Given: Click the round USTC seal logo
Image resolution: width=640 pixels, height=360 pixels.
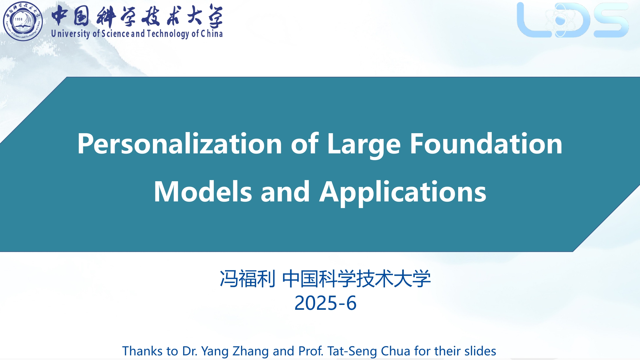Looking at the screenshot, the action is tap(23, 21).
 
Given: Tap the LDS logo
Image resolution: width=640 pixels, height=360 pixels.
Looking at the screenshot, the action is tap(573, 20).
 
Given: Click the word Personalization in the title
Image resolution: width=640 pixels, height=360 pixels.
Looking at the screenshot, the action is tap(180, 144).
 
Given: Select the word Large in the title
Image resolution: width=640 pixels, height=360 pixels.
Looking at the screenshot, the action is tap(364, 144).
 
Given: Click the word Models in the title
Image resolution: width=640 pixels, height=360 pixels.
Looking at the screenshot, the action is tap(203, 192).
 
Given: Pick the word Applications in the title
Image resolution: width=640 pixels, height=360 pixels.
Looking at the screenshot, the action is tap(403, 192).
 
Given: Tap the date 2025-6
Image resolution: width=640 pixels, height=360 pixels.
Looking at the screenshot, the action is tap(325, 303).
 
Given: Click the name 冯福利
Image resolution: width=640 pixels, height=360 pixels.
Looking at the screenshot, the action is tap(247, 279).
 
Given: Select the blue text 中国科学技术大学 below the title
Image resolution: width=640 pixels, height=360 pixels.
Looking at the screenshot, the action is tap(357, 279).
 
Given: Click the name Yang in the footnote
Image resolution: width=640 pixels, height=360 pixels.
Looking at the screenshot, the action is tap(215, 351).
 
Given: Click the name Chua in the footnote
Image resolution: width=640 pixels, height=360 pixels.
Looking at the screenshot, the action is tap(396, 351).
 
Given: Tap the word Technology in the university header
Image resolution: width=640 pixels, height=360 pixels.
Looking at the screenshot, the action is tap(168, 34).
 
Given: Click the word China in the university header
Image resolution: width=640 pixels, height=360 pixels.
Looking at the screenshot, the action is tap(212, 33).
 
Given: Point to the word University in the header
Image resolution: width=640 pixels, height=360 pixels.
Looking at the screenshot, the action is tap(70, 34).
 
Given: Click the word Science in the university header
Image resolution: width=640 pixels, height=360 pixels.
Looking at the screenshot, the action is tap(115, 33).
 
